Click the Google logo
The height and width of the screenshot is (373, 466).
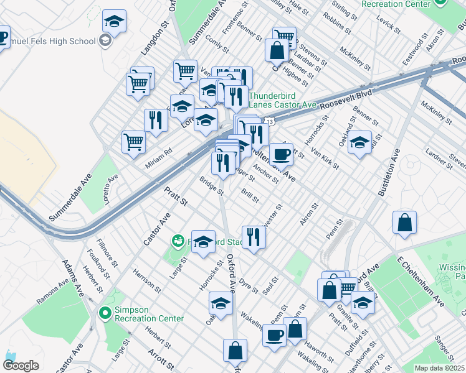21,366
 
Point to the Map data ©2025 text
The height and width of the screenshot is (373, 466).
439,368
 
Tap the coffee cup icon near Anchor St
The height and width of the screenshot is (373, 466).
281,154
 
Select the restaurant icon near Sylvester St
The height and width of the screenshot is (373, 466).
253,237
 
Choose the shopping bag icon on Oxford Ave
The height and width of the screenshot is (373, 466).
235,351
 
